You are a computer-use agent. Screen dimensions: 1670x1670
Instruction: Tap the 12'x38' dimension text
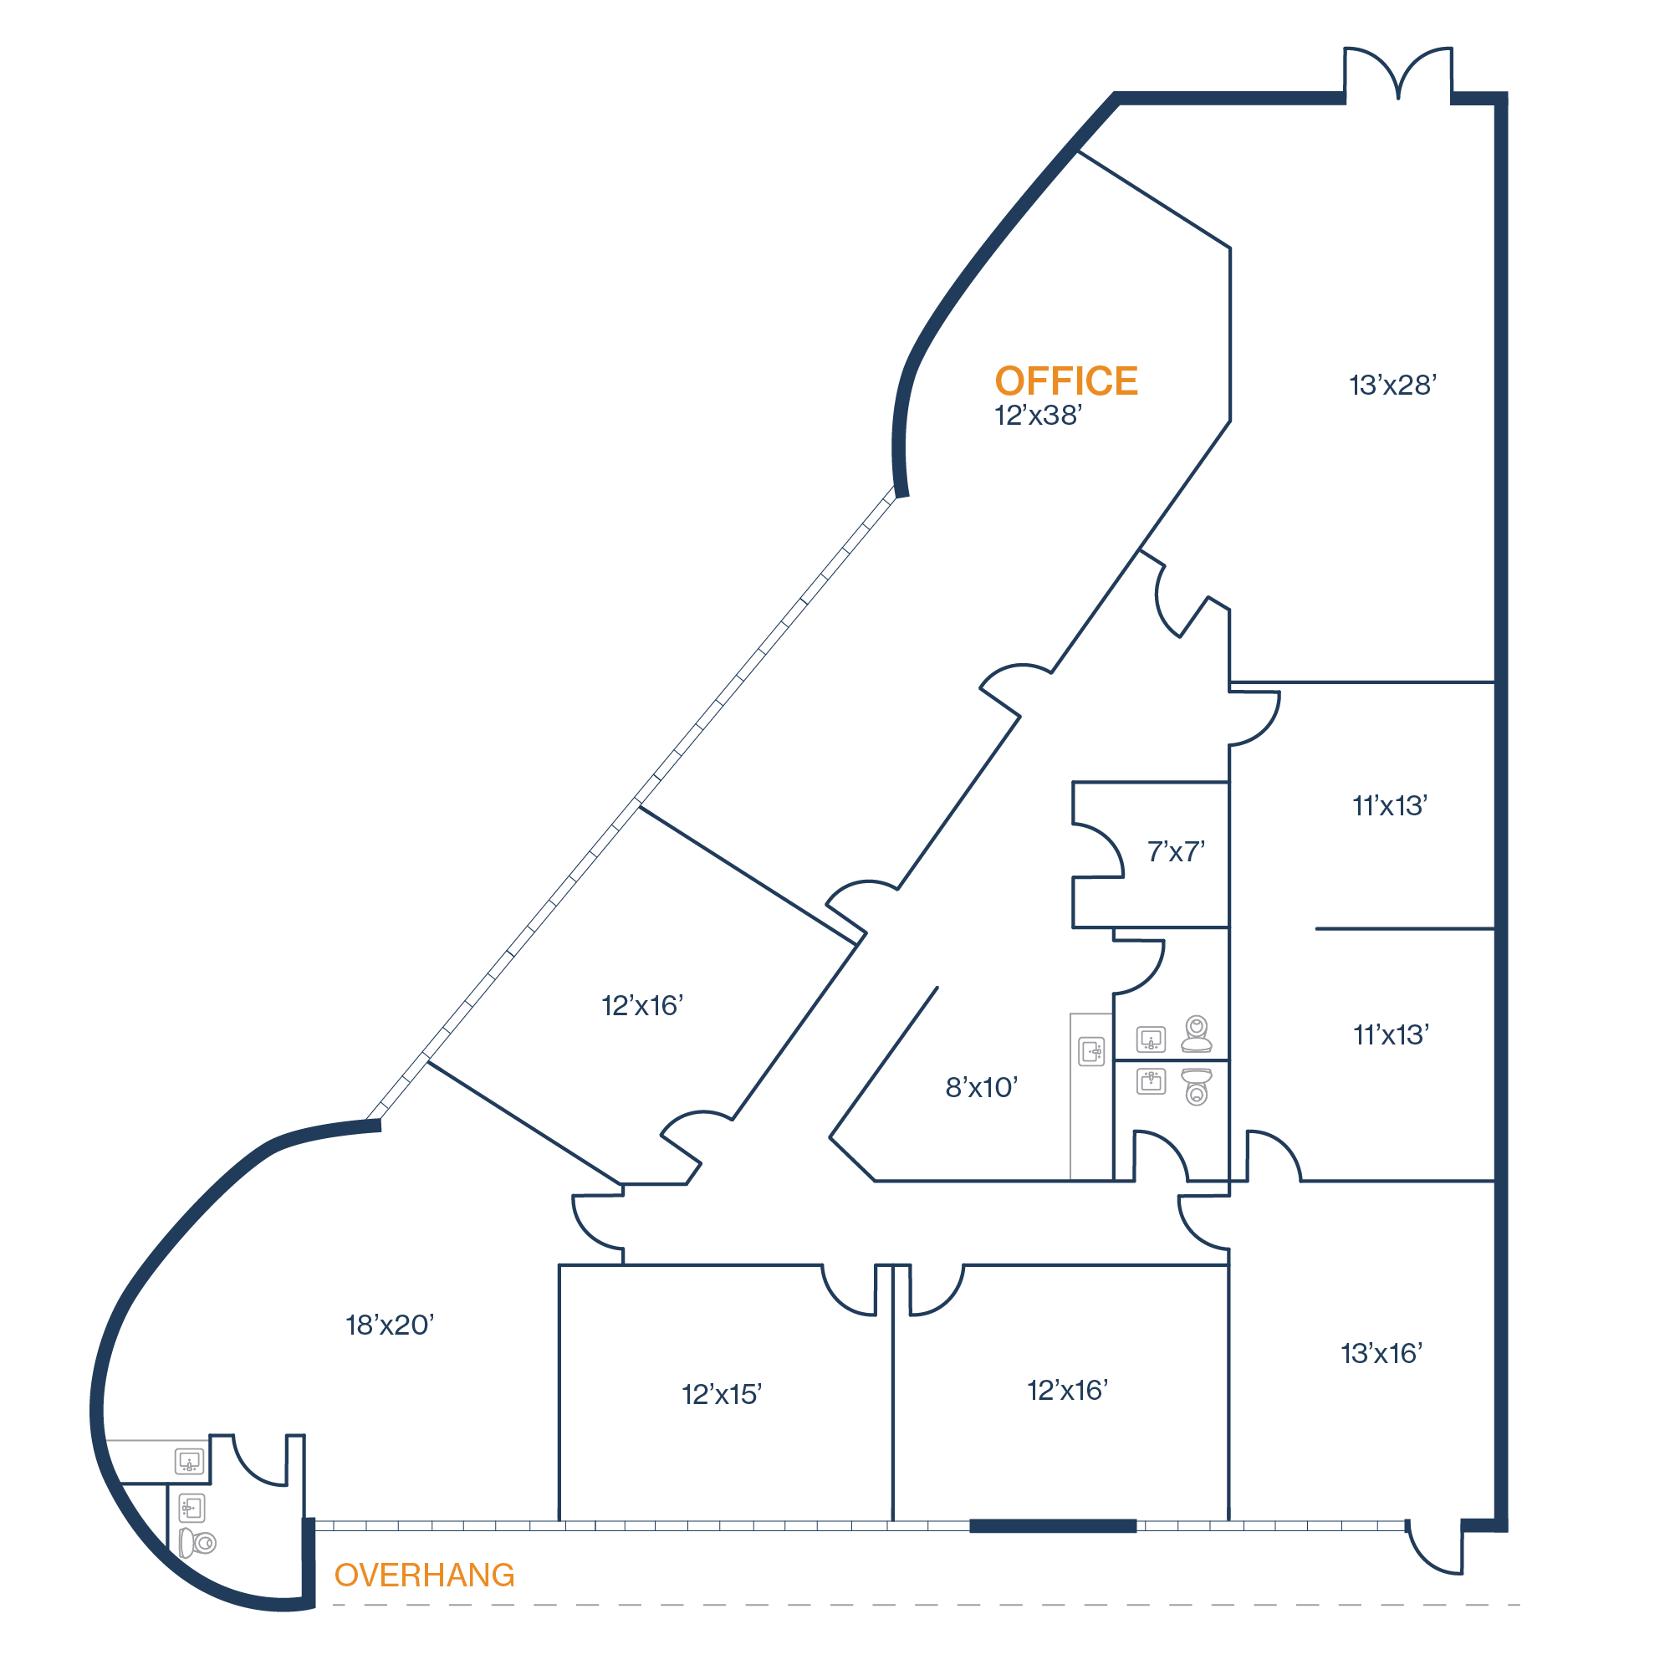coord(1037,416)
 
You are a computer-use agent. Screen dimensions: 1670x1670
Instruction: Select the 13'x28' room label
coord(1392,386)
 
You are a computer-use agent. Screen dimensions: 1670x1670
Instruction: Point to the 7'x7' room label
coord(1176,852)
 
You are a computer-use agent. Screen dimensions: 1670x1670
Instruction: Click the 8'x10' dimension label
coord(981,1087)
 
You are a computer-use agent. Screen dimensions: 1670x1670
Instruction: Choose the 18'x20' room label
coord(390,1325)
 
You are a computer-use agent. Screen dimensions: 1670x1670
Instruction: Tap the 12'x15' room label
coord(721,1394)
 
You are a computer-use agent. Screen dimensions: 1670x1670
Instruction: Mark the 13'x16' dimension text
coord(1381,1354)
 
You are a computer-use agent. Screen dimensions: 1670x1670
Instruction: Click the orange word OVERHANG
coord(425,1576)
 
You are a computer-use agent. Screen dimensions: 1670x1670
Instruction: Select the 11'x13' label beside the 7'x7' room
coord(1389,806)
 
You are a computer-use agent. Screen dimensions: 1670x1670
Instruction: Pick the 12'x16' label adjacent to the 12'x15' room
coord(1068,1390)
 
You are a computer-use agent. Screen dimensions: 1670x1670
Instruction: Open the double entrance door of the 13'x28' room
coord(1397,74)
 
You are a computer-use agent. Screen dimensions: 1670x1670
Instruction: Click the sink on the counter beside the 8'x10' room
coord(1091,1051)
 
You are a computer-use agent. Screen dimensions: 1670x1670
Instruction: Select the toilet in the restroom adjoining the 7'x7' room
coord(1197,1033)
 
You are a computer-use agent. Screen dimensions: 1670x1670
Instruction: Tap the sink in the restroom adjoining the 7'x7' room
coord(1151,1039)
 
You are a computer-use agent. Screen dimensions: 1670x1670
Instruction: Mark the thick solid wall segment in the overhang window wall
coord(1052,1526)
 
